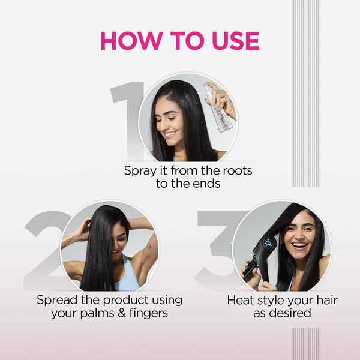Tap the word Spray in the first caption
[140, 171]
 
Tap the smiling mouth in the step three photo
[299, 245]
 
